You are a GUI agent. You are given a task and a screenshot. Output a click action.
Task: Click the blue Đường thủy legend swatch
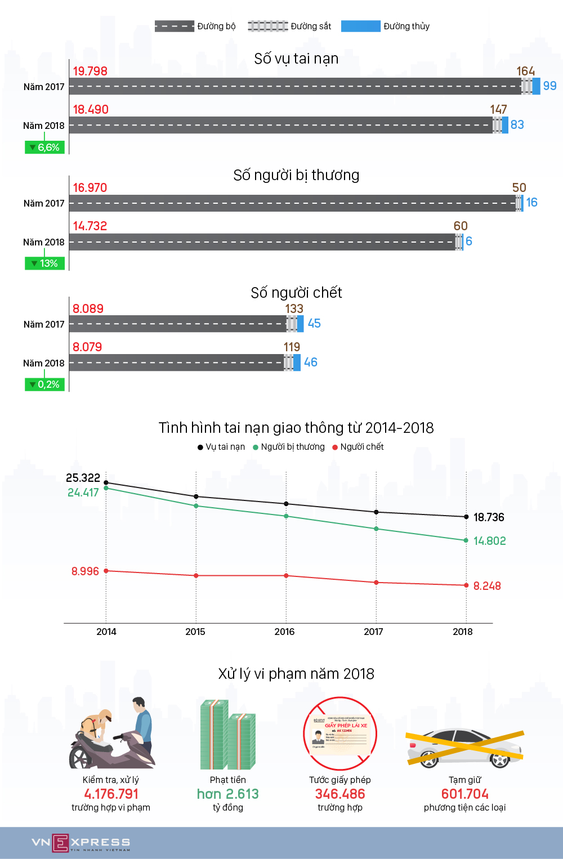[x=360, y=26]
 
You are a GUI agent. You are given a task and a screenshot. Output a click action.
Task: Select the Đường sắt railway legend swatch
[x=268, y=26]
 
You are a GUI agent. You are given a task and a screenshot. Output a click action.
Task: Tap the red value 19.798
[x=90, y=71]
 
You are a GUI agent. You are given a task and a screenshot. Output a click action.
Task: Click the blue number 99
[x=549, y=86]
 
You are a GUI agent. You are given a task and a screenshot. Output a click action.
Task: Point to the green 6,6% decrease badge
[x=45, y=147]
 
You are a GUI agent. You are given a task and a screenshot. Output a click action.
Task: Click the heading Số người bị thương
[x=296, y=175]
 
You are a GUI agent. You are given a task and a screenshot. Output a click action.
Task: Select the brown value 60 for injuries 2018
[x=461, y=226]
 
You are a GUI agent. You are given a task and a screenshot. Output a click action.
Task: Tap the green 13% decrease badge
[x=45, y=263]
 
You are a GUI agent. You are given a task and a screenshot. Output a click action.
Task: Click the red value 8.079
[x=87, y=347]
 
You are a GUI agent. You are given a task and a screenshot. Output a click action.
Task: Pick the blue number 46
[x=311, y=362]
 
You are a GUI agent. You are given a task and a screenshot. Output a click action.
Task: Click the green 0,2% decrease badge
[x=45, y=384]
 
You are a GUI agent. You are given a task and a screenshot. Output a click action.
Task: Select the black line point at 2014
[x=106, y=483]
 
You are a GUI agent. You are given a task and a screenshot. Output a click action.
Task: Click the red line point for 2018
[x=466, y=585]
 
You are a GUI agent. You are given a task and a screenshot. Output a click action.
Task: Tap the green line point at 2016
[x=286, y=516]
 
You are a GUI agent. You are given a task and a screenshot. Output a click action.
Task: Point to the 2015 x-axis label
[x=195, y=632]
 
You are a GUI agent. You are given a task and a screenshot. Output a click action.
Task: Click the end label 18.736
[x=489, y=517]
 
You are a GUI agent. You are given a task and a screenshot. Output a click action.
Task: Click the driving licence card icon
[x=340, y=734]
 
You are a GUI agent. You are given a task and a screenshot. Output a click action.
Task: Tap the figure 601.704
[x=465, y=794]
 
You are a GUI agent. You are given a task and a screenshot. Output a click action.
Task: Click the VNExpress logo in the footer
[x=81, y=843]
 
